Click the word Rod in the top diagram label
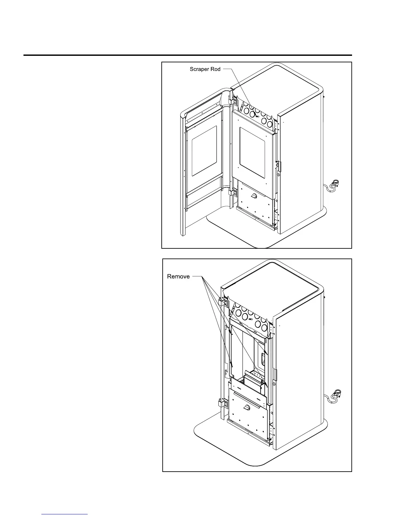216,69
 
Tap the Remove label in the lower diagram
178,276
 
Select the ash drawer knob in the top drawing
254,196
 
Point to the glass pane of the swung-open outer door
204,150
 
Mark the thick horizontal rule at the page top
188,55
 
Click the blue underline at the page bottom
65,514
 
